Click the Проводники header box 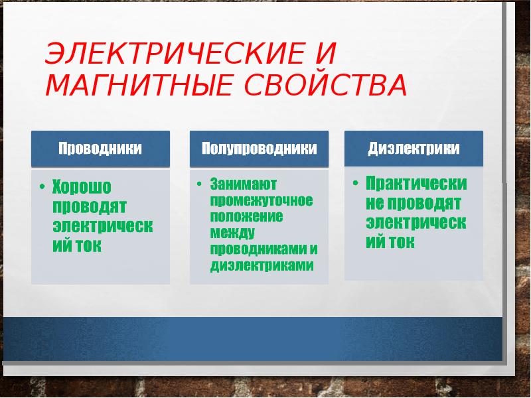(x=100, y=148)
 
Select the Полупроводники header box (x=259, y=148)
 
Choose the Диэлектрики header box (x=414, y=148)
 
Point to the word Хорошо (x=82, y=187)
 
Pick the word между (x=228, y=233)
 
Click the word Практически (x=416, y=183)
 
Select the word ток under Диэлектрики (x=402, y=242)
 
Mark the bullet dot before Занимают (x=199, y=184)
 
